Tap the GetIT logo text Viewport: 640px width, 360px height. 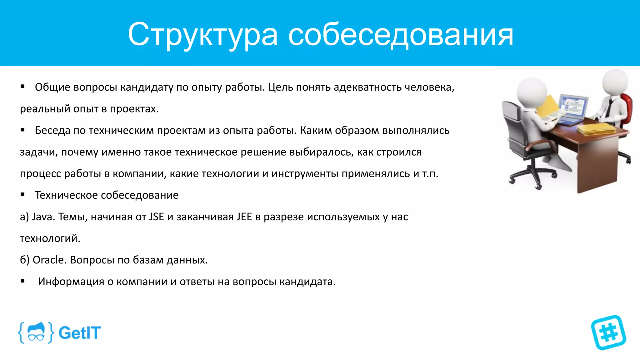79,333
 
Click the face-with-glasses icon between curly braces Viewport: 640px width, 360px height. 36,332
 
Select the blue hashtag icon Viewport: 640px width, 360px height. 608,332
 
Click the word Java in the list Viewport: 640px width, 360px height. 43,217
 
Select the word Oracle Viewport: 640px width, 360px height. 49,260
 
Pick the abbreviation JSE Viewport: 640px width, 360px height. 156,217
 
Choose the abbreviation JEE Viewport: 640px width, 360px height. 244,217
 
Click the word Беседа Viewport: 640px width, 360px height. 52,130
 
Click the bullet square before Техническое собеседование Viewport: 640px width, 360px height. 22,194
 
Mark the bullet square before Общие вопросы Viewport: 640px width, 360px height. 22,86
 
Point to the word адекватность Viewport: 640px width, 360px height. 367,87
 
